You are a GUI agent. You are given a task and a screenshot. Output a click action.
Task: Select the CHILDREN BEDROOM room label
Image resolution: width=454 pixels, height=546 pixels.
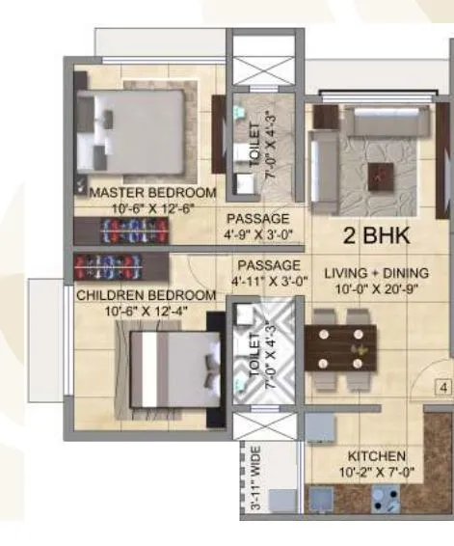pyautogui.click(x=146, y=294)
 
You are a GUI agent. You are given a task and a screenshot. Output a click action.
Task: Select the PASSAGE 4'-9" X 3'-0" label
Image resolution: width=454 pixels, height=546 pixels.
pyautogui.click(x=258, y=226)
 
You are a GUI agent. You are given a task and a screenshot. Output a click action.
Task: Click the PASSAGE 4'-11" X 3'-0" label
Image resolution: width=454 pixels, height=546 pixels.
pyautogui.click(x=268, y=273)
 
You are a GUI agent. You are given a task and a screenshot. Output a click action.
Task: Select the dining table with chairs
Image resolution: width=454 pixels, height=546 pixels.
pyautogui.click(x=339, y=341)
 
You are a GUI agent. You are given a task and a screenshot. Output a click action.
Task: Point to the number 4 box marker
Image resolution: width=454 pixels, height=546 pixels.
pyautogui.click(x=444, y=388)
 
